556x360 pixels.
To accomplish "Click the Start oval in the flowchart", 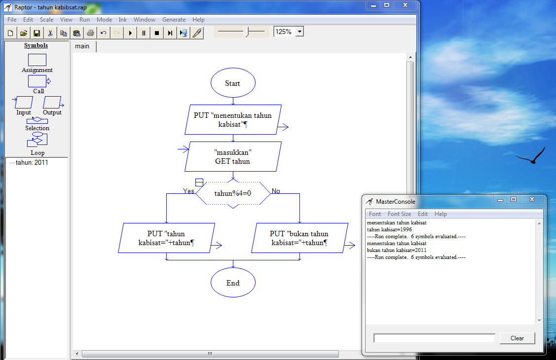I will click(233, 83).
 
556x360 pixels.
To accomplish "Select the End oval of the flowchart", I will click(233, 283).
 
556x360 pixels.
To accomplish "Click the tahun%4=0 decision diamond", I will click(233, 193).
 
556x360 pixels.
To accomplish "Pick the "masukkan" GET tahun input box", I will click(233, 156).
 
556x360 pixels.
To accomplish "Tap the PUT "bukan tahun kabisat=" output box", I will click(299, 238).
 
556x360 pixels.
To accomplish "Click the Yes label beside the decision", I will click(188, 191).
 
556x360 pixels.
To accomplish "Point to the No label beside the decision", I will click(276, 191).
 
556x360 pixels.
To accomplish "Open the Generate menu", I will click(174, 20).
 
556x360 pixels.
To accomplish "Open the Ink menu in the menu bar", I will click(122, 20).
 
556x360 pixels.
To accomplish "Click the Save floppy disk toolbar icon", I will click(37, 33).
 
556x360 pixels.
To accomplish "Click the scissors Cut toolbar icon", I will click(50, 33).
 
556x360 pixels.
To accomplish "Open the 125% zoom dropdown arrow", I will click(299, 32).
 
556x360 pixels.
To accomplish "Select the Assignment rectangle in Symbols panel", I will click(37, 60).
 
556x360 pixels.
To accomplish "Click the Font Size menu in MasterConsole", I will click(399, 214).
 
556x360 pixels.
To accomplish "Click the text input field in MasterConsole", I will click(434, 338).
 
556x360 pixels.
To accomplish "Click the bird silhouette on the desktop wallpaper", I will click(532, 157).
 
